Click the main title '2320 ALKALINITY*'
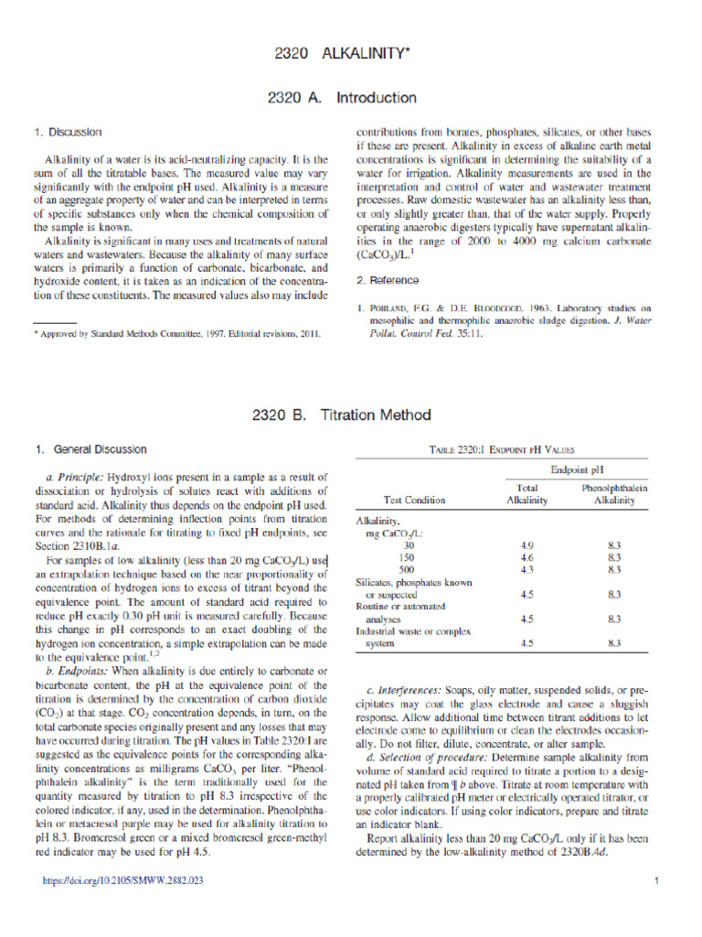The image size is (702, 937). (350, 55)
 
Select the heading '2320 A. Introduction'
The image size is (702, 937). (350, 98)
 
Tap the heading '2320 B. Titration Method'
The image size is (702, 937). (350, 415)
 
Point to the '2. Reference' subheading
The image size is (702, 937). (388, 280)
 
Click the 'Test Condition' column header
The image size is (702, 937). (414, 501)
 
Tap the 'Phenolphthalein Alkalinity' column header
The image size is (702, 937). (614, 494)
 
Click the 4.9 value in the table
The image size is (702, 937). (526, 544)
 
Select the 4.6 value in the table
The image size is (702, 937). (526, 556)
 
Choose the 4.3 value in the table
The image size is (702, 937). (526, 569)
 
